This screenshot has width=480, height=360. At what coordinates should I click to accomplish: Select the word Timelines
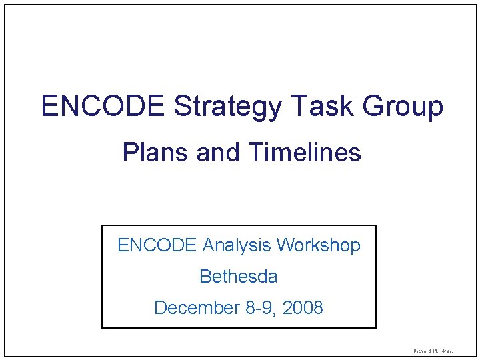click(304, 153)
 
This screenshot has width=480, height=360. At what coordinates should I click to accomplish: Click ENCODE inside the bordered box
click(157, 245)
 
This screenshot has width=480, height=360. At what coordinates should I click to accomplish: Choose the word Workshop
click(319, 246)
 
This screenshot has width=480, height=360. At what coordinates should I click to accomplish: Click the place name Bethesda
click(239, 276)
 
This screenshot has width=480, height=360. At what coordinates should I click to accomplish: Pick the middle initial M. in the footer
click(435, 350)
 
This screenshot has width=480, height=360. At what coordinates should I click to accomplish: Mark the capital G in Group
click(373, 107)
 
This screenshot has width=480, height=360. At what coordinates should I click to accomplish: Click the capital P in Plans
click(129, 153)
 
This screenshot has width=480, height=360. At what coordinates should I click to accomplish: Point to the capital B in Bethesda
click(205, 276)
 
